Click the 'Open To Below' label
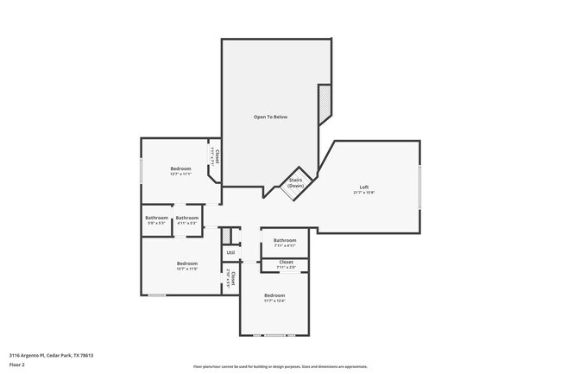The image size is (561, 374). click(x=269, y=117)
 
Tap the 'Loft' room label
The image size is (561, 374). click(x=364, y=187)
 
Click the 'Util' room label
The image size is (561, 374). click(x=230, y=252)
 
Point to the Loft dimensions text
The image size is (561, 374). click(x=364, y=193)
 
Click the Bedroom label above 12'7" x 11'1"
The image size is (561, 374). click(x=180, y=168)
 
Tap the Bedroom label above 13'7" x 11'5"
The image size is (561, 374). click(x=187, y=263)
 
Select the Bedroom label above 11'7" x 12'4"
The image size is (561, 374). click(x=274, y=295)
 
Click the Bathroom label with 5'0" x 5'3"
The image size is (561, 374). click(x=156, y=218)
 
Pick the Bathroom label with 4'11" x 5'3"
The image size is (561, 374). click(x=187, y=218)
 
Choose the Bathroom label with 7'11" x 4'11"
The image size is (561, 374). click(x=285, y=240)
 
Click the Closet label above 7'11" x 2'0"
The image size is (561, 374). click(x=286, y=262)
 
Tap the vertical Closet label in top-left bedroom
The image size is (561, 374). click(x=217, y=157)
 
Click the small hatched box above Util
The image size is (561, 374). click(x=225, y=235)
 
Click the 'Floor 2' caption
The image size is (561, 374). click(x=18, y=364)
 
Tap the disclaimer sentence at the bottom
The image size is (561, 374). click(x=280, y=366)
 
